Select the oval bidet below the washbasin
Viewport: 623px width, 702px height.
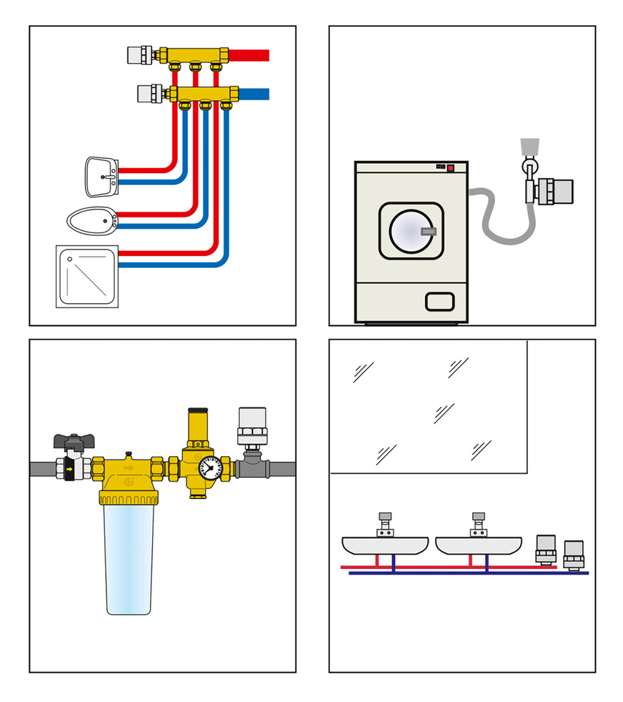[91, 219]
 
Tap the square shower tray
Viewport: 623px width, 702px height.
[86, 276]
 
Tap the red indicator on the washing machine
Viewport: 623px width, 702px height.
[451, 169]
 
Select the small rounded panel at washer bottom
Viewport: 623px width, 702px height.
[439, 301]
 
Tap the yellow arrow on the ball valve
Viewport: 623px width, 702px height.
[70, 470]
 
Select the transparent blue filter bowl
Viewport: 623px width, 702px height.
[129, 558]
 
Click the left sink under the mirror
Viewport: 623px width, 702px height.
[386, 545]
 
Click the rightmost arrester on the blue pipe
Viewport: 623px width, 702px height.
[572, 555]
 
